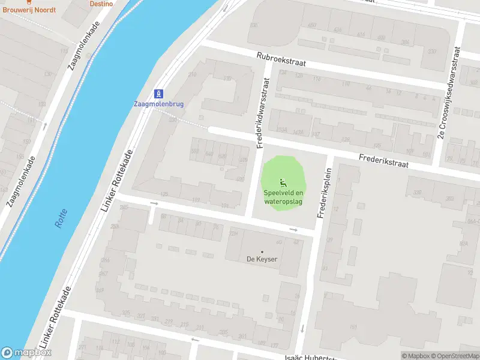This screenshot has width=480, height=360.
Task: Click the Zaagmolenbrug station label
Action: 158,103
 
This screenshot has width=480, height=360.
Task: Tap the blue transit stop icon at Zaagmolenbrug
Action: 158,93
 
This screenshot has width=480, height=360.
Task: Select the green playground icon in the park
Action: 283,182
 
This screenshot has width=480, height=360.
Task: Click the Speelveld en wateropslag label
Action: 283,197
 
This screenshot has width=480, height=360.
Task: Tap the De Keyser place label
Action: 262,259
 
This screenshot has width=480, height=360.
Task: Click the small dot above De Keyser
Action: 262,251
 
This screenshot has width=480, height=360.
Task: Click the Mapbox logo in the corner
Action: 26,353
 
